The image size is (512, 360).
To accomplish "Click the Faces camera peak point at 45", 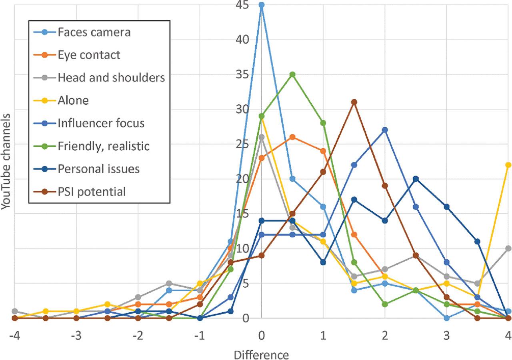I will tap(261, 5).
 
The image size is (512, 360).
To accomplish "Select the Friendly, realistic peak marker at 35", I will tap(292, 74).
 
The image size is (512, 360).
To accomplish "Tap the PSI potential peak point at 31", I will tap(354, 102).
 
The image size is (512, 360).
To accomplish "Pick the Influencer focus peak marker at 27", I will tap(385, 130).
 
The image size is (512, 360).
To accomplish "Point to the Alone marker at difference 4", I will tap(508, 165).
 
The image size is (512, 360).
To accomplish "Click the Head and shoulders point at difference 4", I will tap(508, 248).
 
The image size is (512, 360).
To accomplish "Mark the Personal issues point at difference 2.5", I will tap(416, 179).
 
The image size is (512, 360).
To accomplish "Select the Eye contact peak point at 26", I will tap(292, 137).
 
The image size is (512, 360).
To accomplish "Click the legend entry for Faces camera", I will tap(94, 32).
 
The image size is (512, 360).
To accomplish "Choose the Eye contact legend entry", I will tap(89, 55).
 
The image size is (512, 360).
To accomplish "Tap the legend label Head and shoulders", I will tap(111, 78).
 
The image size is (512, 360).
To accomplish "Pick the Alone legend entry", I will tap(73, 100).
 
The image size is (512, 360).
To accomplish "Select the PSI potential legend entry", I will tap(92, 192).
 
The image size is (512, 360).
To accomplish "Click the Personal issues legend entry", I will tap(99, 169).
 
